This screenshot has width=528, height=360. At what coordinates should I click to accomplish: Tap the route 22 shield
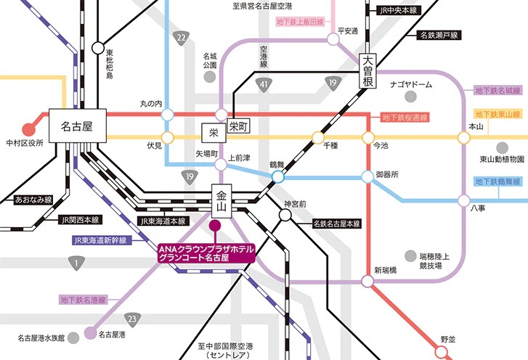click(181, 38)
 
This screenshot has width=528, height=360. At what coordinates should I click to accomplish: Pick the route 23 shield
click(131, 318)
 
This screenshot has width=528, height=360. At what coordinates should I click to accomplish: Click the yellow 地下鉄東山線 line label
click(498, 115)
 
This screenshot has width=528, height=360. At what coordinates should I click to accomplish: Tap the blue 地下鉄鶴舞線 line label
click(498, 181)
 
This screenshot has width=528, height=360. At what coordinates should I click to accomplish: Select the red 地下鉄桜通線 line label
click(405, 117)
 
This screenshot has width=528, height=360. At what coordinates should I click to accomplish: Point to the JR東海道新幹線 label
click(101, 239)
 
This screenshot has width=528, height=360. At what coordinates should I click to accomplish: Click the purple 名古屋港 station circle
click(89, 334)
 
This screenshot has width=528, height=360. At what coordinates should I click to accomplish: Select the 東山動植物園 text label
click(501, 159)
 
